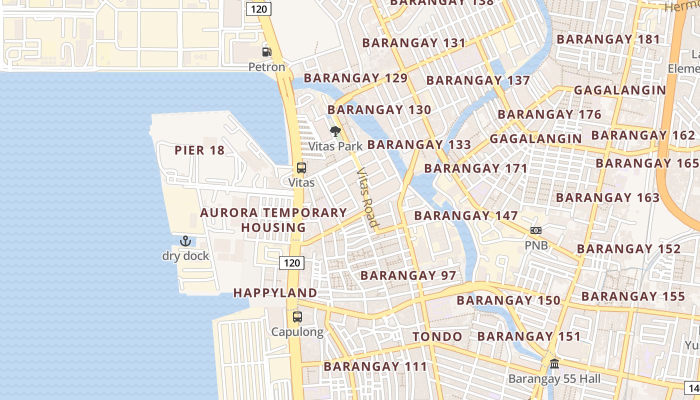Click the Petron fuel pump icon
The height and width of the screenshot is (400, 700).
click(267, 51)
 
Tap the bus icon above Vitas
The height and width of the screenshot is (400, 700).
click(301, 168)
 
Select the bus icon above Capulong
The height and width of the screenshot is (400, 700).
click(297, 316)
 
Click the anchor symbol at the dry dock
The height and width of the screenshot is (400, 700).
click(185, 241)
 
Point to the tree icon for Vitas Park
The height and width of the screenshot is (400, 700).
click(335, 131)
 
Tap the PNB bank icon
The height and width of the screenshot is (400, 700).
click(536, 230)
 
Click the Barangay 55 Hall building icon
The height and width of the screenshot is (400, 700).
click(554, 364)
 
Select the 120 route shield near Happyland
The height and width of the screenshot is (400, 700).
click(291, 262)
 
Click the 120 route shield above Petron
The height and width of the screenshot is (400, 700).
click(258, 8)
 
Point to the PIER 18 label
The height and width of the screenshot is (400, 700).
click(199, 150)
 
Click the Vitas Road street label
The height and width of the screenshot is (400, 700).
click(366, 197)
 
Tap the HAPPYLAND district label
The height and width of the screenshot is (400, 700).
click(275, 293)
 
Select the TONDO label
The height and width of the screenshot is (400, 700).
click(437, 336)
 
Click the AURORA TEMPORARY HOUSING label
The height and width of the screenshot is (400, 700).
click(273, 220)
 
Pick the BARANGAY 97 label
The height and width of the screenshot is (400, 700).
click(408, 275)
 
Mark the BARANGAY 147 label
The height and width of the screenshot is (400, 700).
click(466, 215)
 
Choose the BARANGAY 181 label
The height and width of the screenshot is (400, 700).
click(608, 39)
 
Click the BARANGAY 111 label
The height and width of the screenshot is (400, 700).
click(375, 366)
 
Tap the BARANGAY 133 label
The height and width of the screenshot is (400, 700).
click(419, 144)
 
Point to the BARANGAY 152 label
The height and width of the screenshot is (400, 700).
click(629, 248)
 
